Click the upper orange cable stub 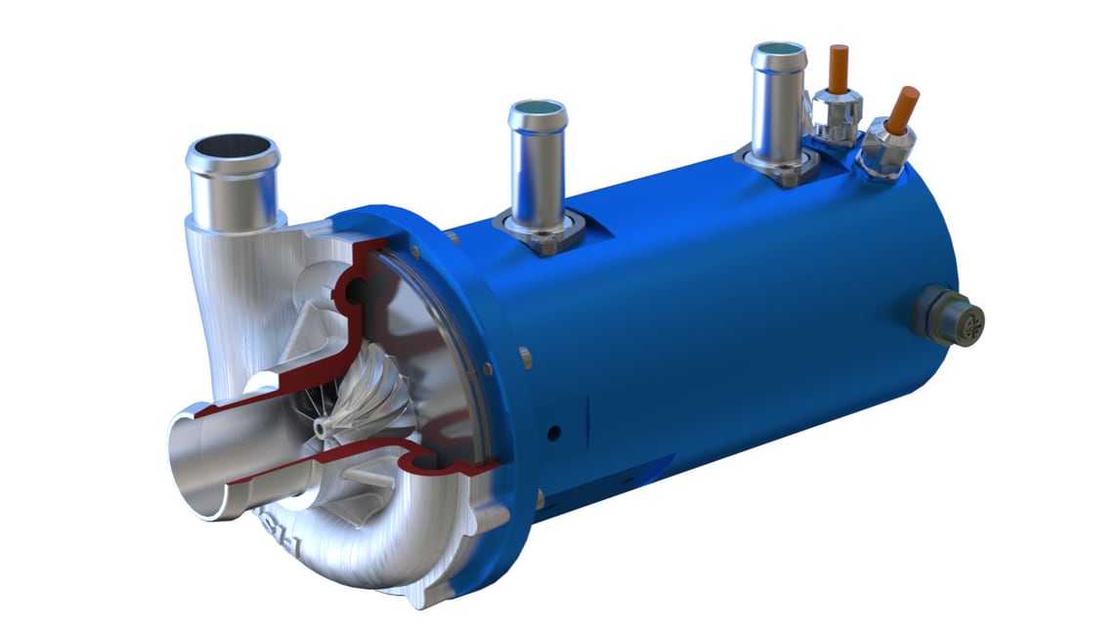(838, 68)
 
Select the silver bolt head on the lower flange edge (538, 500)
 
